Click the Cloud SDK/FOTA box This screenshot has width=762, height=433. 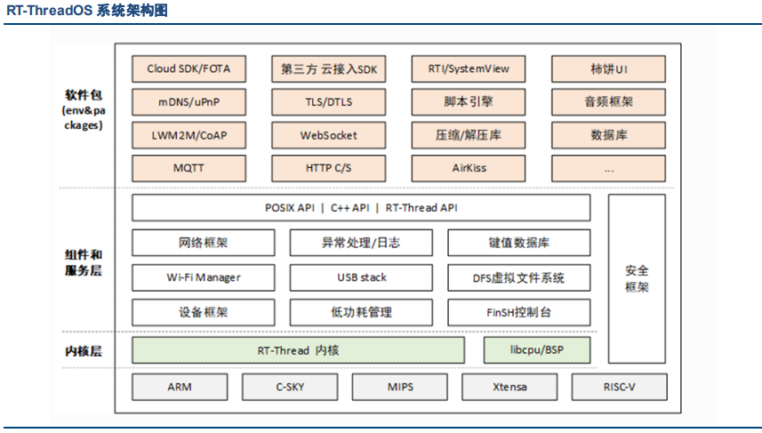pyautogui.click(x=189, y=69)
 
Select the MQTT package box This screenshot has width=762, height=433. pyautogui.click(x=189, y=168)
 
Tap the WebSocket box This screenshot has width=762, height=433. pyautogui.click(x=329, y=135)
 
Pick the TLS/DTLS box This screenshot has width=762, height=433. pyautogui.click(x=329, y=102)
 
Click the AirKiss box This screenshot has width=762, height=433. pyautogui.click(x=469, y=168)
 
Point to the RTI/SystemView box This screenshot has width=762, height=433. pyautogui.click(x=469, y=69)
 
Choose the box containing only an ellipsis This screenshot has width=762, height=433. pyautogui.click(x=608, y=168)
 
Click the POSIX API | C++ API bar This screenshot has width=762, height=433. pyautogui.click(x=361, y=208)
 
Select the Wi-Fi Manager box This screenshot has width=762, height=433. pyautogui.click(x=203, y=277)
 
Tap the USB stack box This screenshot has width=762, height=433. pyautogui.click(x=361, y=277)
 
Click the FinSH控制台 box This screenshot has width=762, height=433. pyautogui.click(x=519, y=312)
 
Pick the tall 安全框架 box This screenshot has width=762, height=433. pyautogui.click(x=637, y=279)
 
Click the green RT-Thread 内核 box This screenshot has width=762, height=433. pyautogui.click(x=298, y=350)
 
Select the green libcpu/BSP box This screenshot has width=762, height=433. pyautogui.click(x=537, y=350)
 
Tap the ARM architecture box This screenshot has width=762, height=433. pyautogui.click(x=180, y=387)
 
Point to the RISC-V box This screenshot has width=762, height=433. pyautogui.click(x=619, y=387)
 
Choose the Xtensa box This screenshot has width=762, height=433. pyautogui.click(x=509, y=387)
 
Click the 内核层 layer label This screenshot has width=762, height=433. pyautogui.click(x=83, y=351)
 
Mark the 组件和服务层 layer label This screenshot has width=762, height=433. pyautogui.click(x=83, y=262)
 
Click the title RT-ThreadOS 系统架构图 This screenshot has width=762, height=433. pyautogui.click(x=87, y=10)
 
